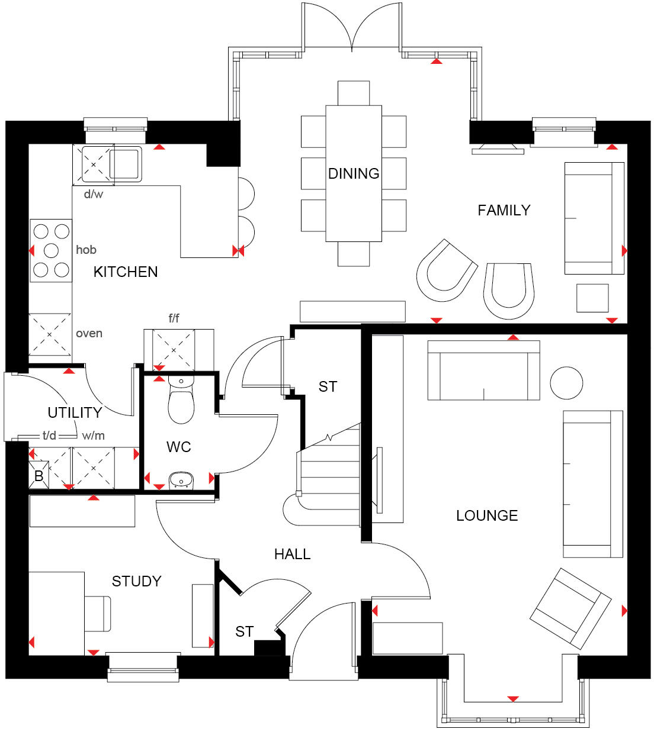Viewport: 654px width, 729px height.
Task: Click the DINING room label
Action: click(354, 173)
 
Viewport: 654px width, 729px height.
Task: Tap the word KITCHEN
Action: click(126, 272)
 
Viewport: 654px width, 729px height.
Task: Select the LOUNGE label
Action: click(487, 515)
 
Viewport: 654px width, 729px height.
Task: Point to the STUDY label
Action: click(136, 581)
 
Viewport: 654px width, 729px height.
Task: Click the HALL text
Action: click(292, 554)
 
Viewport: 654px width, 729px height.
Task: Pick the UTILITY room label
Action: click(75, 412)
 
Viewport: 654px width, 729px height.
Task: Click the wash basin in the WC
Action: click(181, 480)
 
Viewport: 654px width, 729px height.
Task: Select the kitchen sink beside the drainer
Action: click(124, 164)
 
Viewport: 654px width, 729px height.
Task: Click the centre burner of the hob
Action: click(51, 250)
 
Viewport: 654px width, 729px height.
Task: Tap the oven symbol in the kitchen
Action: click(50, 334)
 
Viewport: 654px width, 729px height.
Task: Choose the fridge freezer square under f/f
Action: click(173, 350)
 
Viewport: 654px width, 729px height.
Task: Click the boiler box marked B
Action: click(39, 476)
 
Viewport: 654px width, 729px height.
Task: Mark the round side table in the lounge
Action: click(566, 383)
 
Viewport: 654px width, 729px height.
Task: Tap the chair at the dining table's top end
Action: click(354, 93)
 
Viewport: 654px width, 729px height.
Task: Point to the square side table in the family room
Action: click(592, 298)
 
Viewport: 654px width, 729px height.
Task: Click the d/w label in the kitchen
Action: click(93, 194)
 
